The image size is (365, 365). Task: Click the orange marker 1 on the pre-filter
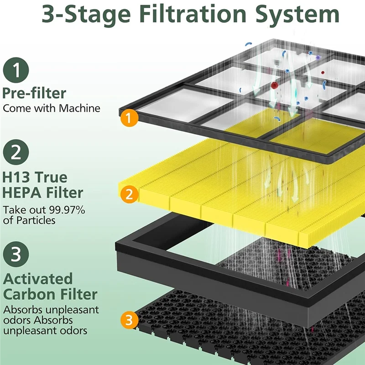click(x=129, y=118)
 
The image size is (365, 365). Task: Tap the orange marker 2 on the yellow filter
click(x=129, y=195)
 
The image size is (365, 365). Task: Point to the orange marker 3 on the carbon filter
click(x=129, y=320)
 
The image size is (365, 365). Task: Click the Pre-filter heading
click(x=34, y=93)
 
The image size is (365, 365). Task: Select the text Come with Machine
click(x=52, y=109)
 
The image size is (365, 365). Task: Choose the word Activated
click(x=38, y=278)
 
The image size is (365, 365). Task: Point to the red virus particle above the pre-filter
click(x=275, y=85)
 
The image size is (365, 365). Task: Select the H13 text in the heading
click(x=18, y=177)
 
